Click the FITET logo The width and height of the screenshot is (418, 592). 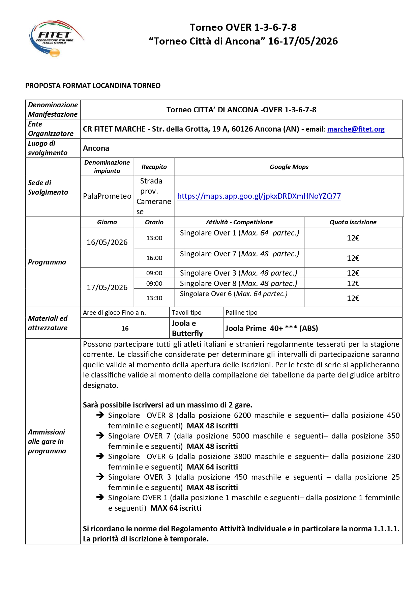[56, 38]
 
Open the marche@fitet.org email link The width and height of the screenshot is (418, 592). [356, 129]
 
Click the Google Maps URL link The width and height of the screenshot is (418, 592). [259, 196]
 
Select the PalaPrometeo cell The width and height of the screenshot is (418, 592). [107, 196]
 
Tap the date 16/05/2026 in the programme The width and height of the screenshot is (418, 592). [107, 242]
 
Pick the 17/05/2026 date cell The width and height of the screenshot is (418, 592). [107, 287]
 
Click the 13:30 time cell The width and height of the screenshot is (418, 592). [154, 298]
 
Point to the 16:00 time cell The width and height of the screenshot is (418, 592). [154, 258]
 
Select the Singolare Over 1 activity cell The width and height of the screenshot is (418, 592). [239, 233]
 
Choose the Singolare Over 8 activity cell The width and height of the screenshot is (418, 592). [239, 283]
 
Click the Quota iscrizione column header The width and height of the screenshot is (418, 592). [353, 222]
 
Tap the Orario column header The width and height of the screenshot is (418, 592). [154, 222]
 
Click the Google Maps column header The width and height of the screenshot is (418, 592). [289, 167]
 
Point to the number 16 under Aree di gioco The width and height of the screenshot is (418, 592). [125, 329]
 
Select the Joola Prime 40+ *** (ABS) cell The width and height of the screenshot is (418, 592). [272, 329]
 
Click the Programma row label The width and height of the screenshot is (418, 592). [47, 262]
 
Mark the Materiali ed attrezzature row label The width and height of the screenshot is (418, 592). [48, 323]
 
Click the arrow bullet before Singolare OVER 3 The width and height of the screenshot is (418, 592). [100, 477]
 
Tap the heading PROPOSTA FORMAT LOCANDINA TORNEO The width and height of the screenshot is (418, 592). [93, 86]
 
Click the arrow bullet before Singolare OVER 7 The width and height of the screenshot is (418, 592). [100, 436]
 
